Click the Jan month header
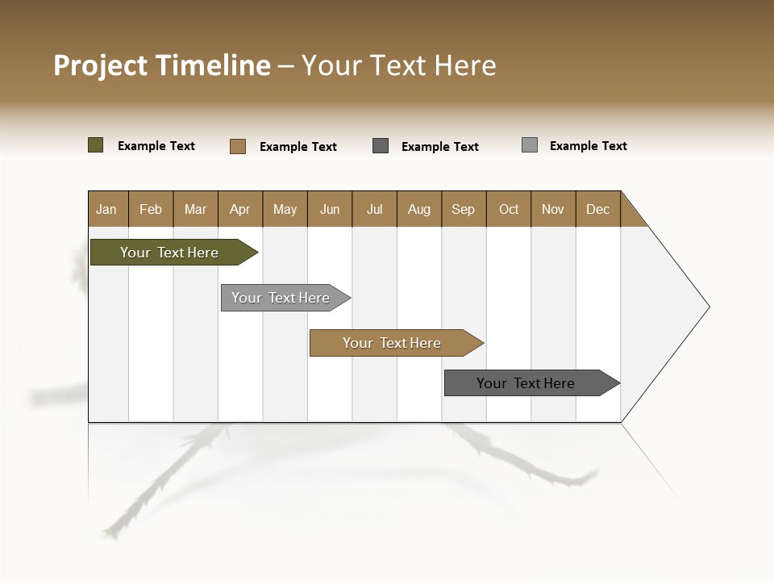pos(107,209)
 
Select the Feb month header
pos(151,209)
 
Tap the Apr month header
pos(240,209)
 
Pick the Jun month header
pos(330,209)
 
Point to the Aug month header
pos(419,209)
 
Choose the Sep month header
pos(464,209)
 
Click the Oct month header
pos(509,209)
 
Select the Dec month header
pos(598,209)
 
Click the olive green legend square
pos(96,145)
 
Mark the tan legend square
pos(238,146)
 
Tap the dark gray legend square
pos(381,146)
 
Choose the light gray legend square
pos(530,145)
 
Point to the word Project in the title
pos(101,65)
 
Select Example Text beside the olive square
pos(156,146)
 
